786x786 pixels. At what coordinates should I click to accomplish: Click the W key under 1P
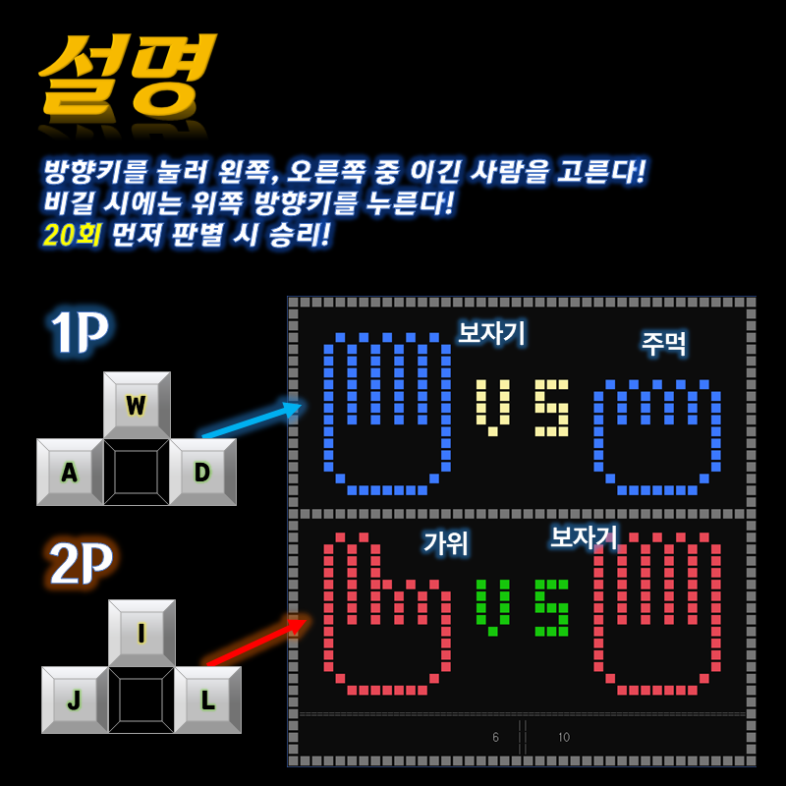point(137,405)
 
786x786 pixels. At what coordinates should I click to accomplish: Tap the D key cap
point(202,472)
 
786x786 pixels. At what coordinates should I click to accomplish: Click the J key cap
point(74,700)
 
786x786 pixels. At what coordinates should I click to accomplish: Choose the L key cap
point(207,700)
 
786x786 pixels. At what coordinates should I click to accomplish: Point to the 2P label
point(81,563)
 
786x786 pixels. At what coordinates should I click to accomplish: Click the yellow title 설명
point(125,74)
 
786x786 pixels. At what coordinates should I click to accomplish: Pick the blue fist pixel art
point(656,436)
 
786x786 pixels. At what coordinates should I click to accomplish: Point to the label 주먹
point(664,343)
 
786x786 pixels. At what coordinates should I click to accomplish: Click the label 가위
point(446,542)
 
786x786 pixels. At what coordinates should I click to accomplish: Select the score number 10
point(563,737)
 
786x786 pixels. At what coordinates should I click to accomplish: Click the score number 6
point(496,737)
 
